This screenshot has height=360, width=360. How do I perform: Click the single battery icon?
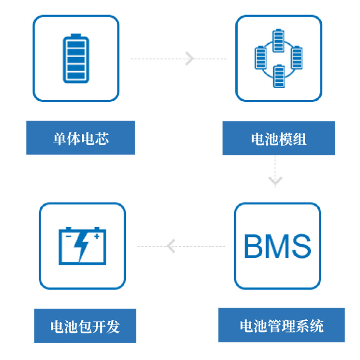point(76,58)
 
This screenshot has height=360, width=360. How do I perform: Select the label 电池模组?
point(278,139)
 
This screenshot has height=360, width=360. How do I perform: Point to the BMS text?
point(277,246)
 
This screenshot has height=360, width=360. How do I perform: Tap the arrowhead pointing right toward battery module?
point(189,59)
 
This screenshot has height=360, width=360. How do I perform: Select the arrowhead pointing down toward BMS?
point(275,182)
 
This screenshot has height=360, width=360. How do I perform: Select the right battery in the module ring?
point(297,58)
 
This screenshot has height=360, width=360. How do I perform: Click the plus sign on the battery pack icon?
point(97,236)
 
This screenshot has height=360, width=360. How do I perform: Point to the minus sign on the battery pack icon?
point(68,236)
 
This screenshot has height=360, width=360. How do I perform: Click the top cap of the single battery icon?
point(76,35)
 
